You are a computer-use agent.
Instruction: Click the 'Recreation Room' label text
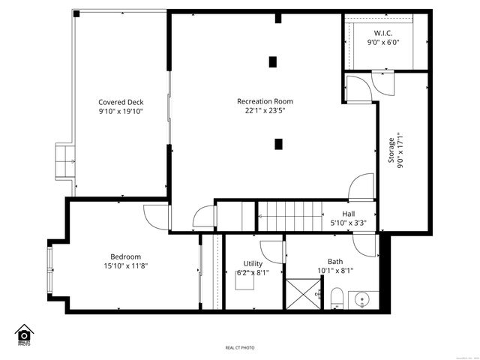[265, 101]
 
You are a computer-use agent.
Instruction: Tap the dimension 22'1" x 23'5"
[265, 111]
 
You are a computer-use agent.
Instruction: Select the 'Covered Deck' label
[121, 102]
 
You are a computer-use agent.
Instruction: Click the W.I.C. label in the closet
[383, 33]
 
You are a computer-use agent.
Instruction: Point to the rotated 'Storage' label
[391, 150]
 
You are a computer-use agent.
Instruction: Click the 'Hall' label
[349, 214]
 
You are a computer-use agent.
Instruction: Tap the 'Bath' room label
[334, 261]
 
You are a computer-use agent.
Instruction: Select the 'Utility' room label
[252, 263]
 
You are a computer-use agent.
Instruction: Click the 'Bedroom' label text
[125, 256]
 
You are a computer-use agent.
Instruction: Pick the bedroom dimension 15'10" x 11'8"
[125, 265]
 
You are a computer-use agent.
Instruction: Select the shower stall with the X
[304, 294]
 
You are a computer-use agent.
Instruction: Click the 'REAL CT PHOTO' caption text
[240, 348]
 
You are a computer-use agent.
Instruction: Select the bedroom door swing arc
[156, 217]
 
